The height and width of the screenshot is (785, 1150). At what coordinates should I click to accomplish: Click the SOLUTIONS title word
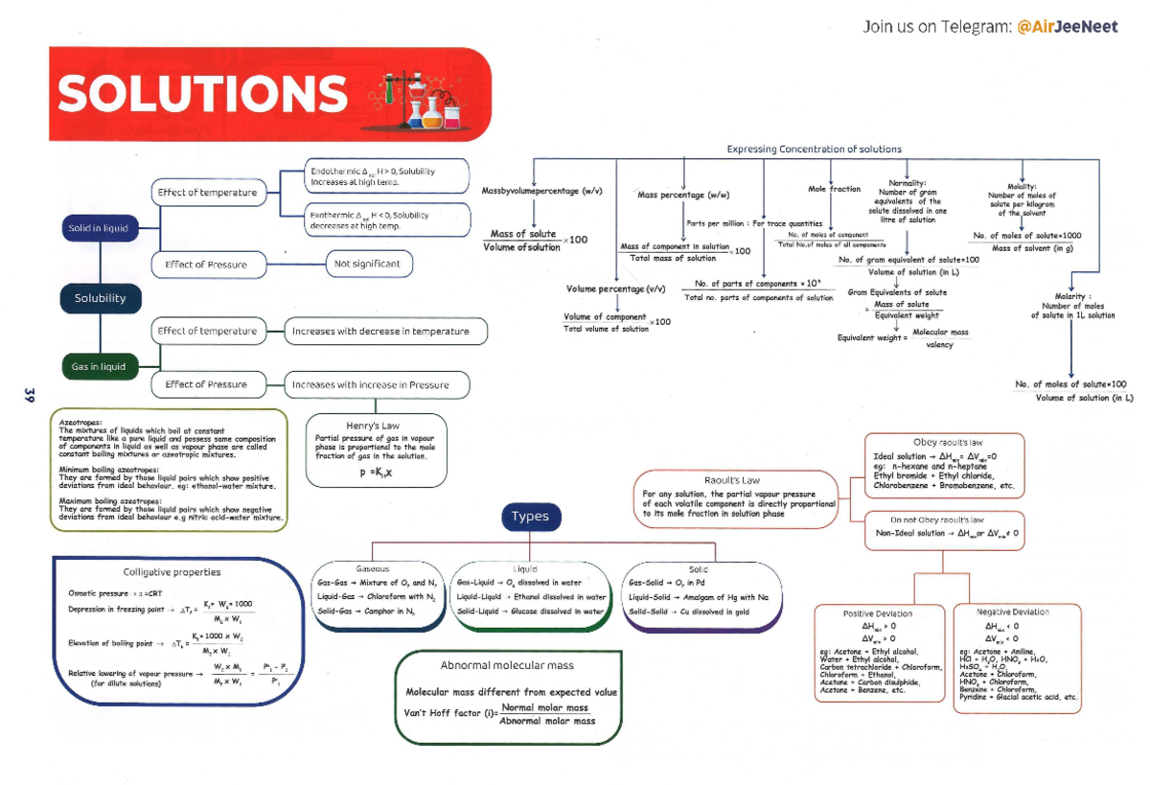201,94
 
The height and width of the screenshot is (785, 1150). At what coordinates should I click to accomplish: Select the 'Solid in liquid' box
99,228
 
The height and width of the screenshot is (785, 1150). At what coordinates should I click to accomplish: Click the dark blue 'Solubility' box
101,298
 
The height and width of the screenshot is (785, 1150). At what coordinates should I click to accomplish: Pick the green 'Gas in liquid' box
99,366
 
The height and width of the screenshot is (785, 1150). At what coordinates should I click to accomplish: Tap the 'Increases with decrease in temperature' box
380,332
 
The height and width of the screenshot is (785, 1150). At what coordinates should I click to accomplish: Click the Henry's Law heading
373,426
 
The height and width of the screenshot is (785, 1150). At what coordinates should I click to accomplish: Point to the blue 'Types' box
530,517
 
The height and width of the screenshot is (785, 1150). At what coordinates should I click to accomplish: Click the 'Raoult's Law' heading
731,480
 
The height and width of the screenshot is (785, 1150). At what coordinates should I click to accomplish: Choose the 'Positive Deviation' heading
877,613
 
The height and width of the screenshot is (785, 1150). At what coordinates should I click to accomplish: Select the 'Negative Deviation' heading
1012,612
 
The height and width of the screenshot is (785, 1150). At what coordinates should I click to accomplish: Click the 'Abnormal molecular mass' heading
507,665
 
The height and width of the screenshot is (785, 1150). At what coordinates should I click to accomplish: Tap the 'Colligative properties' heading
172,572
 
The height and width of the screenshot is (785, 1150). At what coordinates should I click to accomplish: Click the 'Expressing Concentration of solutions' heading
814,150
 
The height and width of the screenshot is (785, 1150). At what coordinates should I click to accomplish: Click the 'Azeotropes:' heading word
78,422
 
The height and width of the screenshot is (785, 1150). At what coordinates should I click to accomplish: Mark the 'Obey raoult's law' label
948,443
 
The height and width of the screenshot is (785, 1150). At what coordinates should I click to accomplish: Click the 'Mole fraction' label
834,190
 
